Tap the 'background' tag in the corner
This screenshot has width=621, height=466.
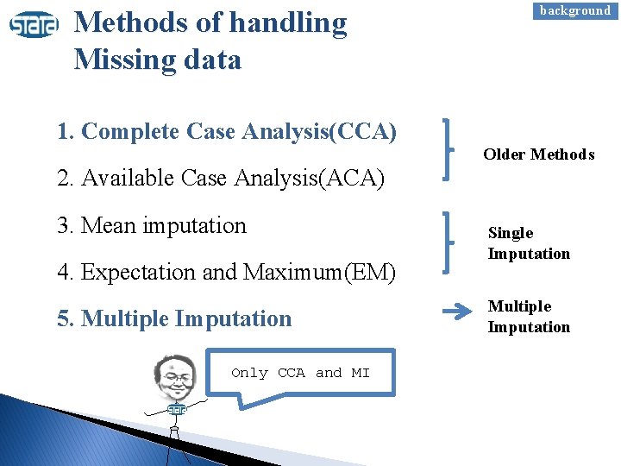(x=574, y=10)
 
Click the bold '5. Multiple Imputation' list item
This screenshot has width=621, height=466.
(x=174, y=319)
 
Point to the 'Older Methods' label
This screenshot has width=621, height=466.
(x=538, y=154)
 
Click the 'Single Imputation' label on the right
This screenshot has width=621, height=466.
(x=529, y=243)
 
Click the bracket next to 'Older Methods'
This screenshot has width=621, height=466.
(x=447, y=148)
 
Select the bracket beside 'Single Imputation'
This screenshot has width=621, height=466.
(x=447, y=242)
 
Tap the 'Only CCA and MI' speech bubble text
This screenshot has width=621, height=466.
(x=300, y=373)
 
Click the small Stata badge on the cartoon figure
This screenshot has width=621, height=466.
(x=178, y=411)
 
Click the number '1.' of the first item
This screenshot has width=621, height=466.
(x=66, y=132)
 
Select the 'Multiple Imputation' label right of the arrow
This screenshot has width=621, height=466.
(x=529, y=317)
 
